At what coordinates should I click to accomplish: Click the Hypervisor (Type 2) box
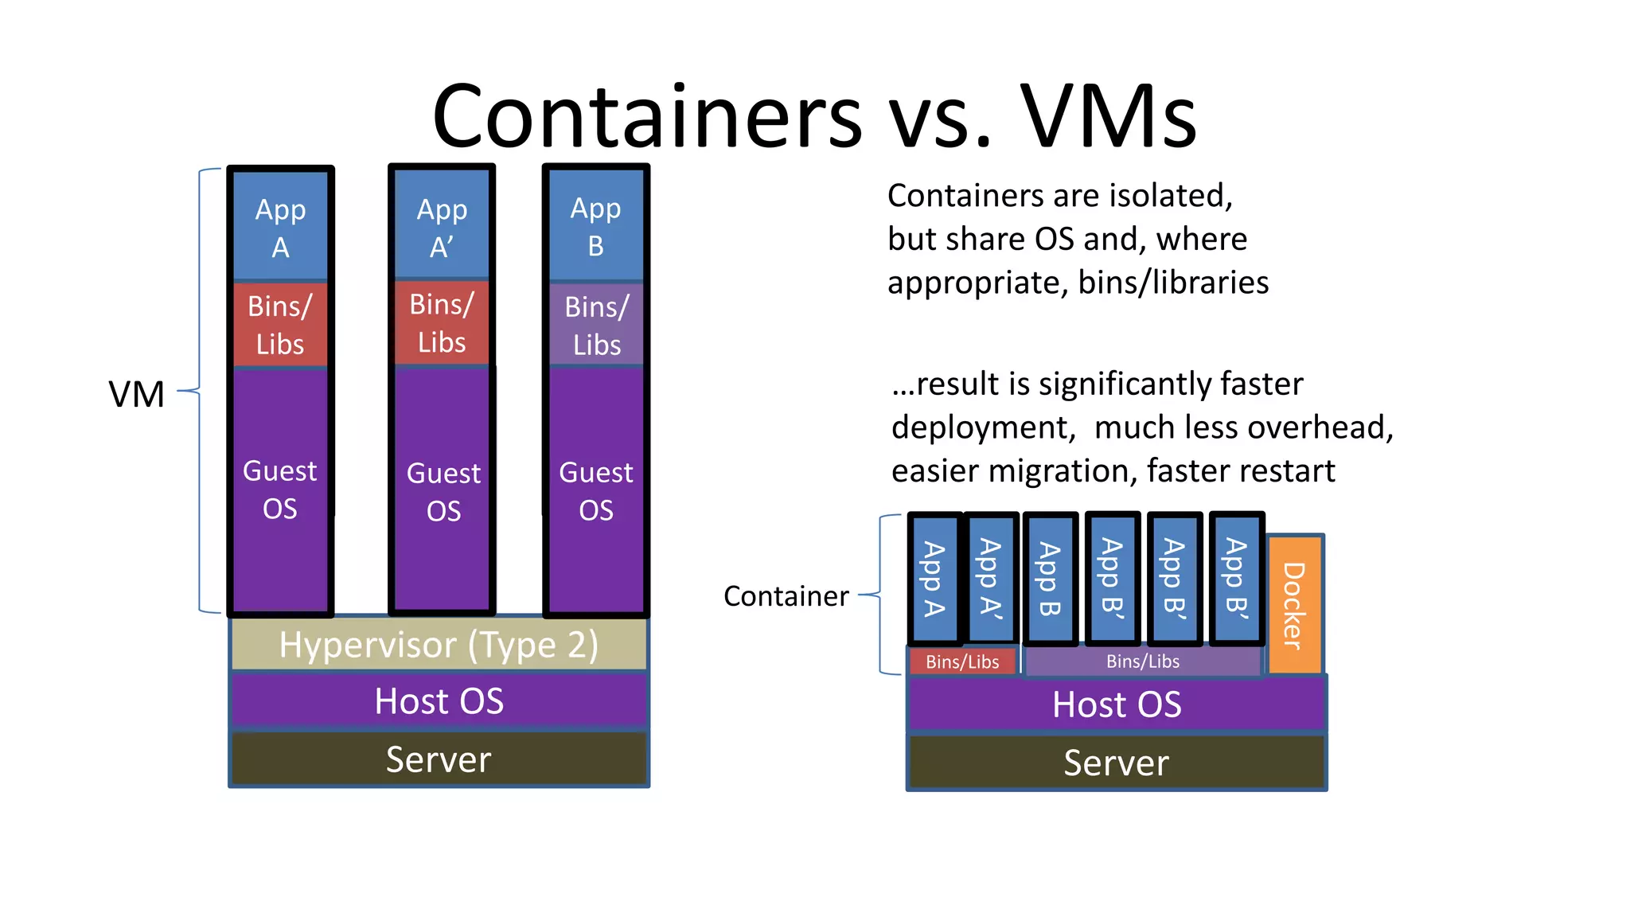(x=439, y=644)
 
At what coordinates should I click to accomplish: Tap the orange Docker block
(x=1295, y=604)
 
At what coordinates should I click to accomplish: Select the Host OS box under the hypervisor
(x=439, y=700)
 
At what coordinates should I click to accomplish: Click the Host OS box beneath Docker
(x=1117, y=704)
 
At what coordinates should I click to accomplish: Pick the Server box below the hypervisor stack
(x=439, y=759)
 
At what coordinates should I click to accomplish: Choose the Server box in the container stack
(x=1117, y=763)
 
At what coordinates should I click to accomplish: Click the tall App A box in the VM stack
(x=280, y=228)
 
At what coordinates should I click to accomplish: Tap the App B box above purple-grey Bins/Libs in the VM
(x=596, y=226)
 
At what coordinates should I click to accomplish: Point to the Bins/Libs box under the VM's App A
(x=280, y=325)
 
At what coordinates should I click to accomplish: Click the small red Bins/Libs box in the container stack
(x=962, y=661)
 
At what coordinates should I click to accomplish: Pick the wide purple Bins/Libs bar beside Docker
(x=1143, y=661)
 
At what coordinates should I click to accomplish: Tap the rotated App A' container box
(x=991, y=578)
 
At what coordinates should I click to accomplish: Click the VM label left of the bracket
(x=137, y=394)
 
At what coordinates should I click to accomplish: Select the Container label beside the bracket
(x=786, y=596)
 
